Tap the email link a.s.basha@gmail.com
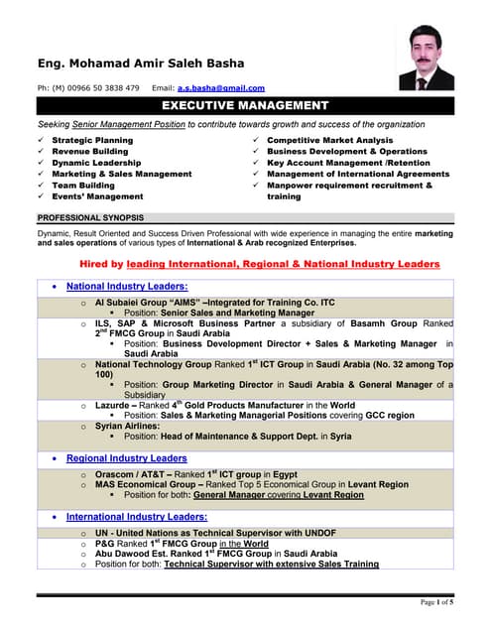pos(221,88)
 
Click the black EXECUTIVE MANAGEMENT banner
pos(244,105)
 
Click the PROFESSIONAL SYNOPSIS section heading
pos(90,217)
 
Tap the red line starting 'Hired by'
pos(259,264)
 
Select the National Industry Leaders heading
pos(127,287)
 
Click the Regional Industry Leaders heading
pos(126,458)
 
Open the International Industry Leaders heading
pos(137,517)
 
